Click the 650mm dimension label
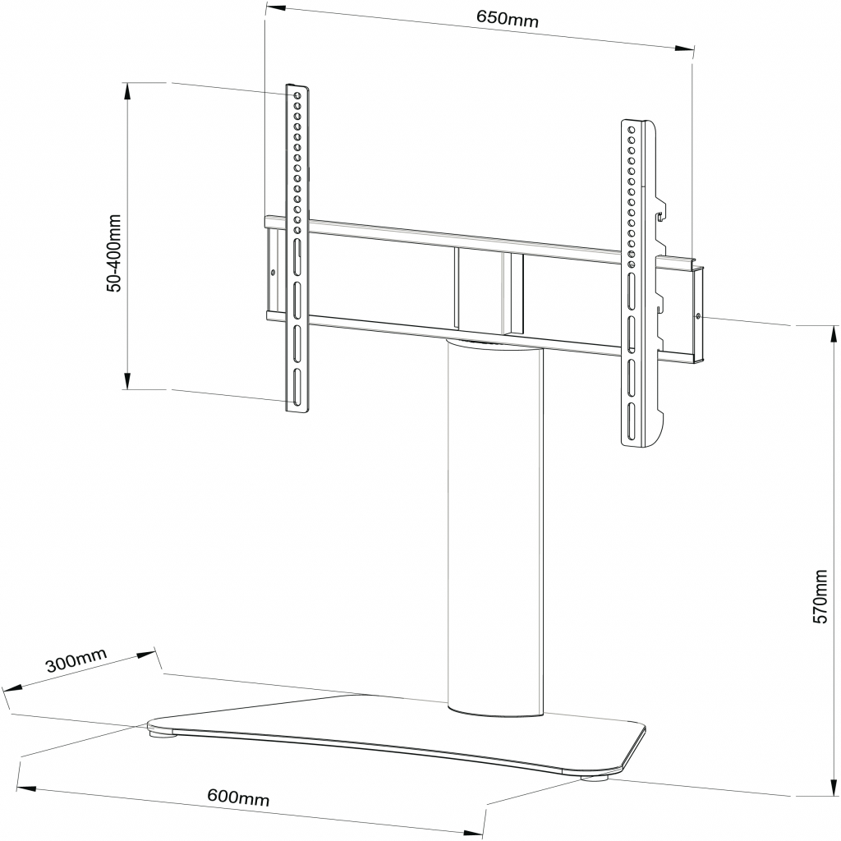coord(507,20)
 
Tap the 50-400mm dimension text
coord(114,253)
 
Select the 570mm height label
coord(820,596)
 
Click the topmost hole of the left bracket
coord(296,95)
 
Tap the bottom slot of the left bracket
coord(296,386)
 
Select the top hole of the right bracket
coord(632,129)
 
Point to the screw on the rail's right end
coord(697,316)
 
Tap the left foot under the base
coord(163,732)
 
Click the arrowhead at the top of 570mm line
coord(833,336)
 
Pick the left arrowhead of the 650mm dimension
coord(276,9)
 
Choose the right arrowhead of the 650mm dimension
coord(684,48)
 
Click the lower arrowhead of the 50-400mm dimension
coord(127,379)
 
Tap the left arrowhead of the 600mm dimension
coord(27,788)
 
